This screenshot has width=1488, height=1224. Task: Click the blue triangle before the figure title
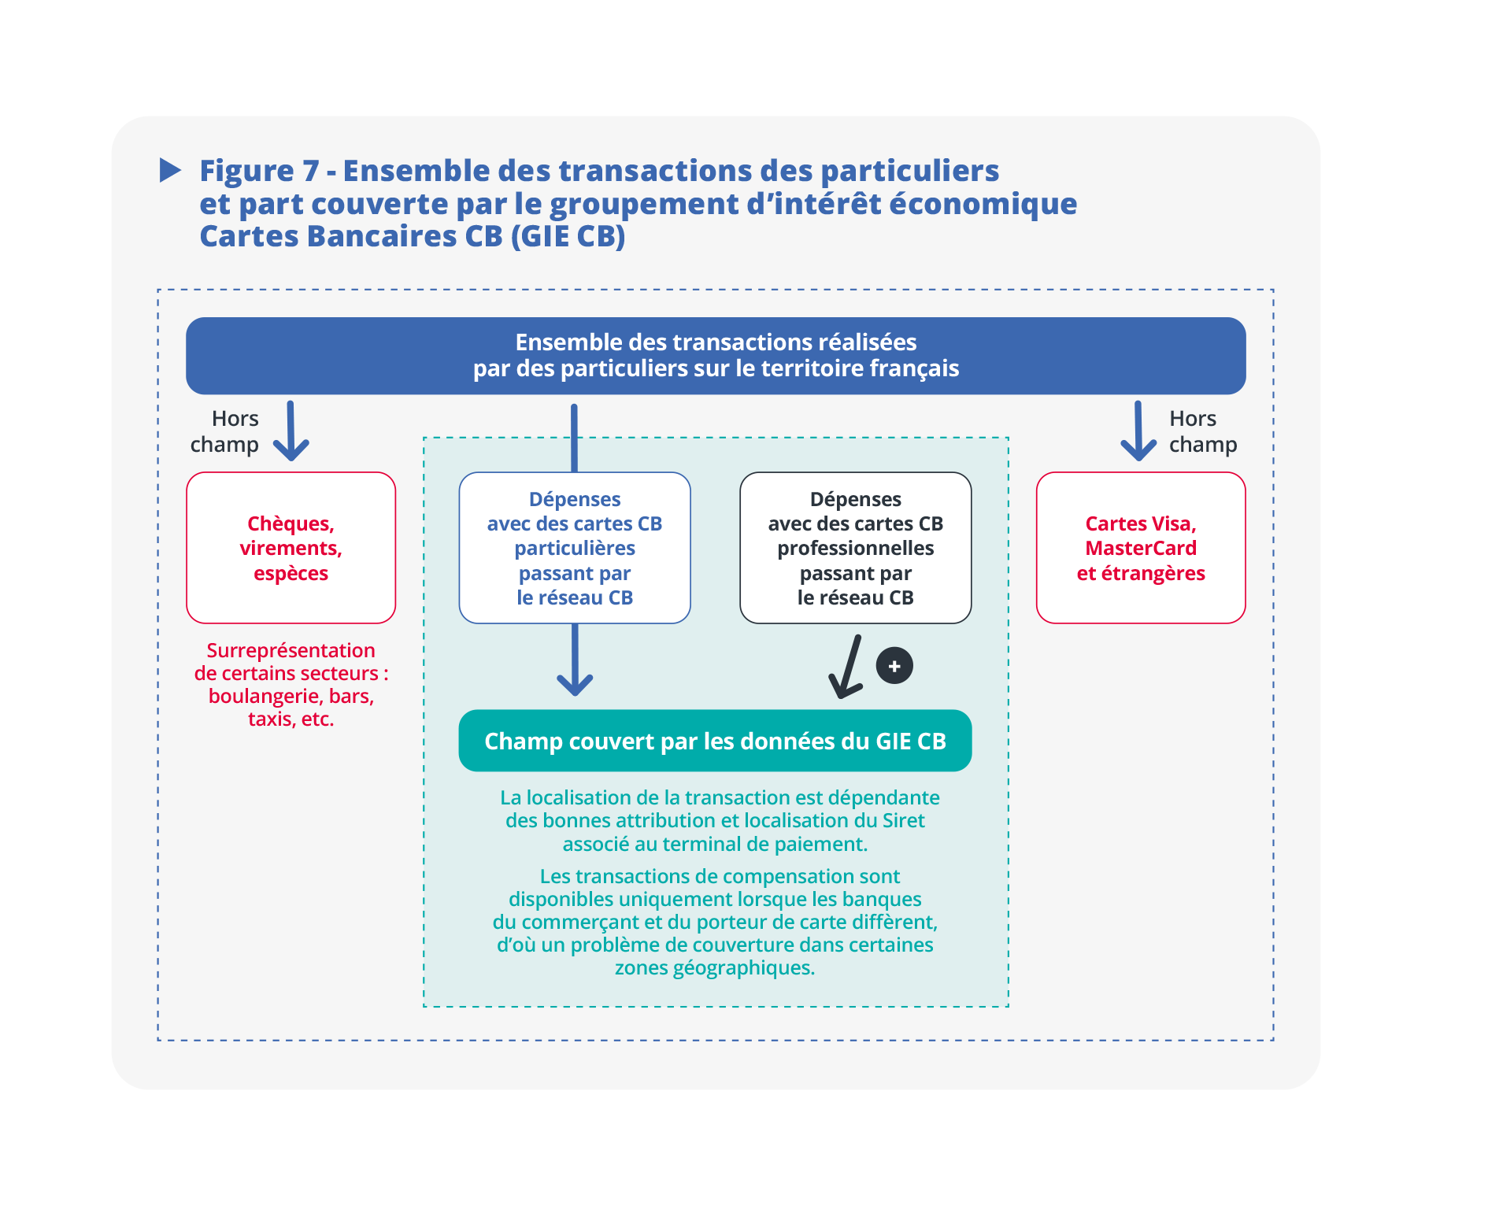pyautogui.click(x=169, y=170)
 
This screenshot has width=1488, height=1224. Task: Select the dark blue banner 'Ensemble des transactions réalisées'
pyautogui.click(x=715, y=356)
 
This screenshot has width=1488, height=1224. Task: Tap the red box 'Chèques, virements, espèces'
pyautogui.click(x=291, y=548)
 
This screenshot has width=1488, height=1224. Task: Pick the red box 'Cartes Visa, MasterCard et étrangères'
pyautogui.click(x=1140, y=548)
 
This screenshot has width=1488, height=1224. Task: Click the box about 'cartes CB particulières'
pyautogui.click(x=574, y=548)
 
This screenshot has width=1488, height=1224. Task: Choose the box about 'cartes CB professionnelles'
pyautogui.click(x=855, y=548)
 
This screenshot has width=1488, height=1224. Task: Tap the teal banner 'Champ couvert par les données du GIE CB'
pyautogui.click(x=715, y=741)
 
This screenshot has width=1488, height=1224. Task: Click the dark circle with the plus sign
pyautogui.click(x=894, y=666)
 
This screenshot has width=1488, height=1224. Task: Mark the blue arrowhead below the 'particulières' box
pyautogui.click(x=575, y=683)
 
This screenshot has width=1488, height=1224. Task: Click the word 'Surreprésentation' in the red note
pyautogui.click(x=291, y=650)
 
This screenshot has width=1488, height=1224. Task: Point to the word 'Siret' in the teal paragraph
pyautogui.click(x=903, y=820)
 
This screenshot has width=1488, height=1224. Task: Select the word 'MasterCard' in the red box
pyautogui.click(x=1140, y=548)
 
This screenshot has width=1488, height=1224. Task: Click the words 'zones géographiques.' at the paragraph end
pyautogui.click(x=715, y=967)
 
